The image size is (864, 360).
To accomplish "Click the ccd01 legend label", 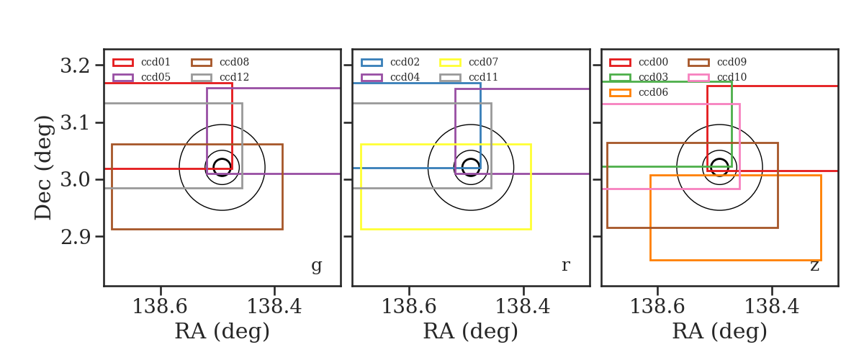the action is tap(156, 62).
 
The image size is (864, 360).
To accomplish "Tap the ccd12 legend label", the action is tap(234, 77).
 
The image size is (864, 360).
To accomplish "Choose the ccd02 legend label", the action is tap(405, 62).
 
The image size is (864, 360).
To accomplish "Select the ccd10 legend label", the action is tap(732, 77).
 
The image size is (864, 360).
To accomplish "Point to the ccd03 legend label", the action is tap(653, 77).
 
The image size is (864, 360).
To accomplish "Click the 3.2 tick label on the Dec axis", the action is tap(75, 66).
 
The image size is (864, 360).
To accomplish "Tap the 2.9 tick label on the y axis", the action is tap(75, 237).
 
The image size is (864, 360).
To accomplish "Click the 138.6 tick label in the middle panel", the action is tap(409, 307).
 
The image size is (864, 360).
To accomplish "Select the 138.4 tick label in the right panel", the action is tap(771, 307).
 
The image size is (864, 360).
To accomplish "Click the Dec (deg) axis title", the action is tap(42, 168).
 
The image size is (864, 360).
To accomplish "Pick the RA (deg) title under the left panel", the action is tap(222, 331).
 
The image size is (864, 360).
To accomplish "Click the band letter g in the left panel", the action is tap(316, 266).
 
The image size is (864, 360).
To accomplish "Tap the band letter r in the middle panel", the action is tap(565, 265).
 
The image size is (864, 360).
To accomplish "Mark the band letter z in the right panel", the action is tap(814, 266).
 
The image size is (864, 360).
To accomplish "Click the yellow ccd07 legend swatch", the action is tap(450, 63).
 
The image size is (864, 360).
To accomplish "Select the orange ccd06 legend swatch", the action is tap(620, 93).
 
